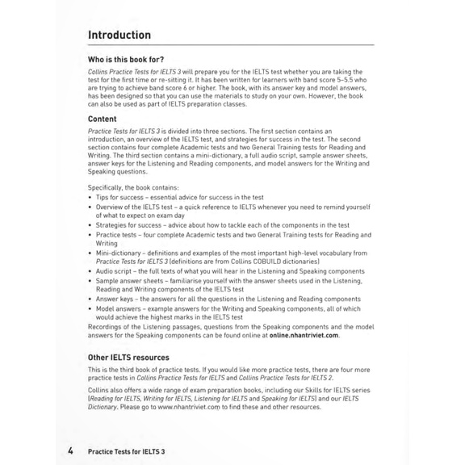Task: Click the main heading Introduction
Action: coord(119,36)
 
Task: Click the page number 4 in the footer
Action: coord(70,451)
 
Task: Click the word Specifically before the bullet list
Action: coord(108,187)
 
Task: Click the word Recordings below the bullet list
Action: coord(106,326)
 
